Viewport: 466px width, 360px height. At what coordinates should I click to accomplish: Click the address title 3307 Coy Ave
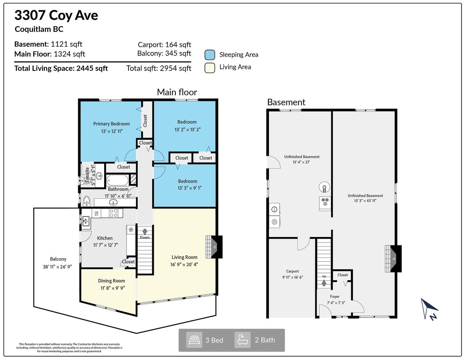point(56,15)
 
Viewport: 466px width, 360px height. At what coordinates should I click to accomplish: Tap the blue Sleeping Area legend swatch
point(210,55)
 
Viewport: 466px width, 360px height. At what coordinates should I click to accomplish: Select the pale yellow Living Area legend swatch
point(210,67)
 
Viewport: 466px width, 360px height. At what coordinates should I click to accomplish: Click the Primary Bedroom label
point(111,124)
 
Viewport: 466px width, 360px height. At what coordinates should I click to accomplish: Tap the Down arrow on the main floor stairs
point(145,232)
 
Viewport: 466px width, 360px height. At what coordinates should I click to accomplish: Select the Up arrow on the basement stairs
point(324,283)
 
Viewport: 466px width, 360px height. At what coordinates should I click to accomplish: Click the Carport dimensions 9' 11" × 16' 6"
point(292,277)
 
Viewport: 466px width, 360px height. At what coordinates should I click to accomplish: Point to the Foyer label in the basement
point(335,297)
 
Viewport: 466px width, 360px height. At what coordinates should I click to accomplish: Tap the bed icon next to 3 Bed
point(194,340)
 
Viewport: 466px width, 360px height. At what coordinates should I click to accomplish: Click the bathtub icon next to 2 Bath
point(243,340)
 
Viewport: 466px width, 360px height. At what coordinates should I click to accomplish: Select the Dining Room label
point(111,281)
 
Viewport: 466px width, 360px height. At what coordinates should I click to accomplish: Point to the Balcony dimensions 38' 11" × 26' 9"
point(57,266)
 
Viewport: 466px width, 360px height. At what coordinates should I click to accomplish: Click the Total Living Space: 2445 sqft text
point(61,68)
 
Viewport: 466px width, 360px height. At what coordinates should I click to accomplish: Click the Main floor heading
point(177,92)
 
